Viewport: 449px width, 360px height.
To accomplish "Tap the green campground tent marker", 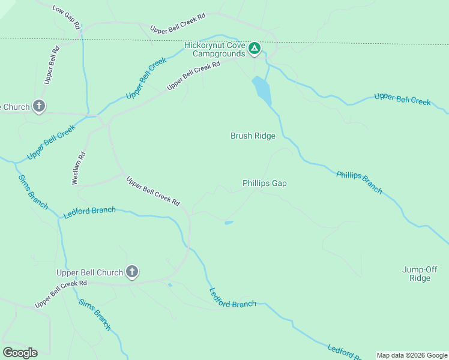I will point(255,48).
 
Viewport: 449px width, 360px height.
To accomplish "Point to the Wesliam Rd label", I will point(79,168).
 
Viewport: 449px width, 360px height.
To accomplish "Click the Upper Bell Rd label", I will point(52,64).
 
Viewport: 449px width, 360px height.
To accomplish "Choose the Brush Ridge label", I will point(253,136).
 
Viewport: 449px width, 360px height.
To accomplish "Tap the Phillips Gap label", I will point(264,183).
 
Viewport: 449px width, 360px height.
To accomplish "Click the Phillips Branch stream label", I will point(359,182).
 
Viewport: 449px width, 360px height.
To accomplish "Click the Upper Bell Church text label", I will point(89,272).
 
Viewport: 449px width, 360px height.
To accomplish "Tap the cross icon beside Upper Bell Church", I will point(132,272).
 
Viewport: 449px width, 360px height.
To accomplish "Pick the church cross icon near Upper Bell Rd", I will point(39,107).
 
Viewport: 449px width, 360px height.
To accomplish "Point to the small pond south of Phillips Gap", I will point(229,223).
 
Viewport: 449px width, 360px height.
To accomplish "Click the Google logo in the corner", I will point(20,353).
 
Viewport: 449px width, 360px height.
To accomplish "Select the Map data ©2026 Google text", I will point(412,355).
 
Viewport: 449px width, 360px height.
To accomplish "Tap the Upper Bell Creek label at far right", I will point(402,99).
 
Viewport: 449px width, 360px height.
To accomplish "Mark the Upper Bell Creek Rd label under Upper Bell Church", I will point(61,294).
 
